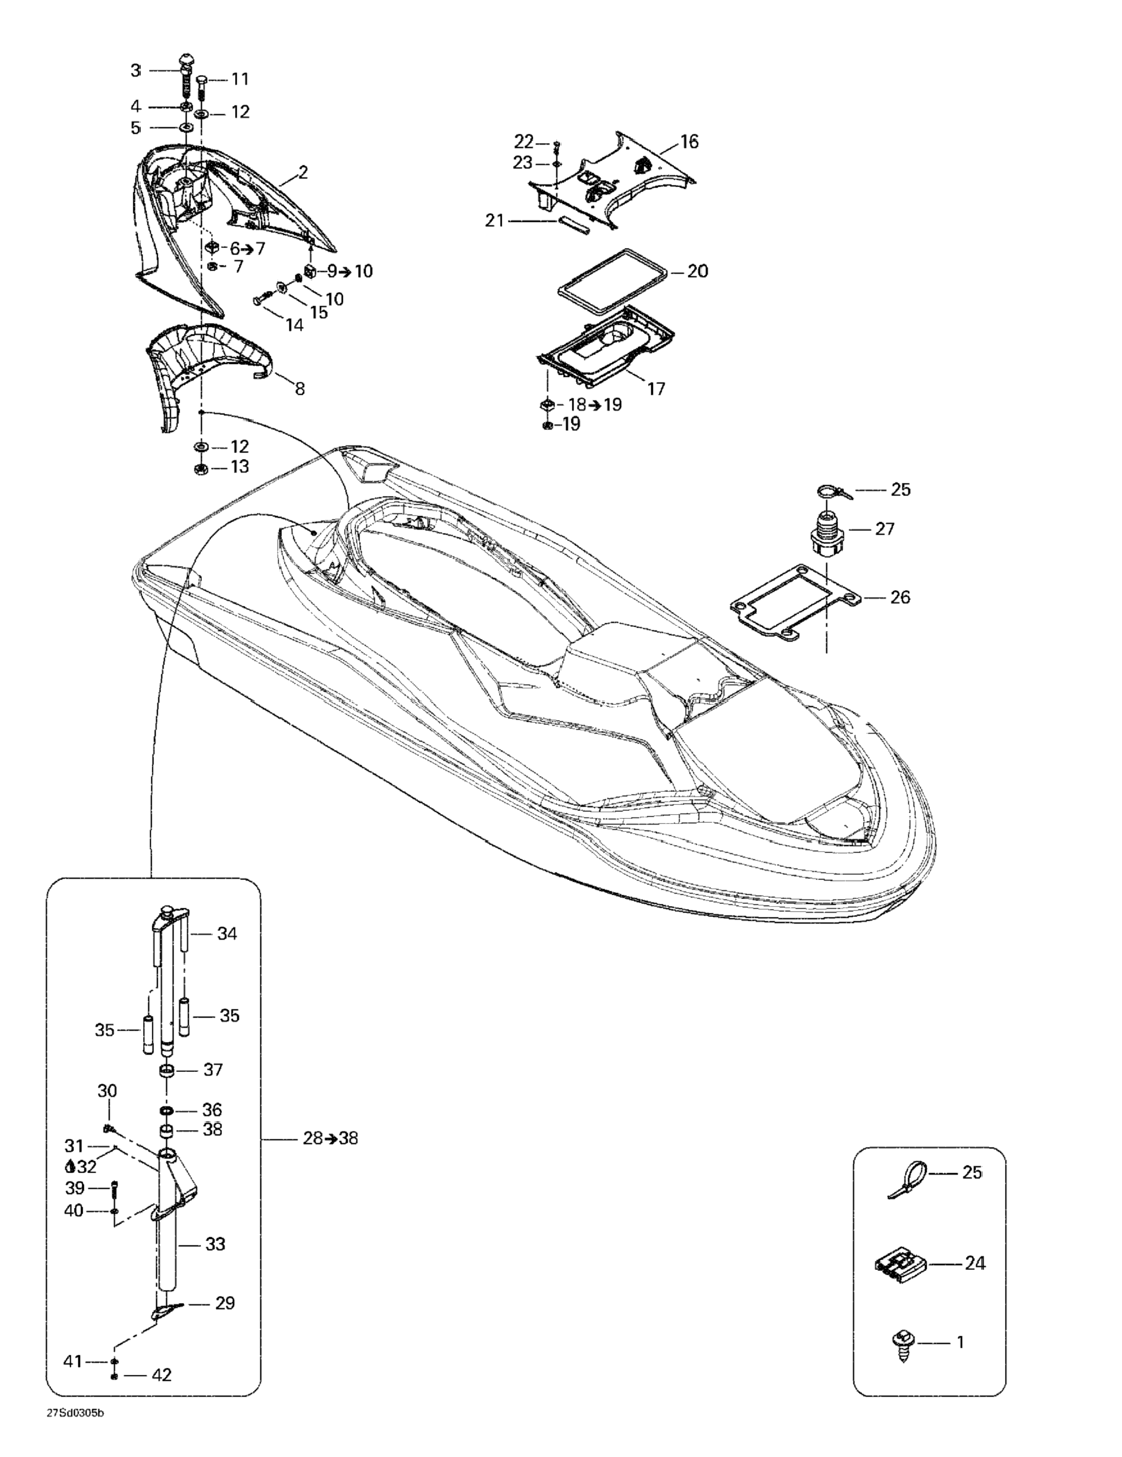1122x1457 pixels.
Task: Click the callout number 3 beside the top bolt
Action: [x=136, y=70]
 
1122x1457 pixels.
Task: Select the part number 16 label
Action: [x=689, y=141]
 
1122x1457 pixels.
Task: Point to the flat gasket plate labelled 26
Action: [x=794, y=601]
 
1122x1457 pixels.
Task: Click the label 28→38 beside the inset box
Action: [x=330, y=1138]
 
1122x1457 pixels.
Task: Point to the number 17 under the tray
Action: [x=657, y=388]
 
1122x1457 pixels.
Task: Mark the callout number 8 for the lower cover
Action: [x=300, y=388]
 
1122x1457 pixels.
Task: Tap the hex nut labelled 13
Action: [x=200, y=469]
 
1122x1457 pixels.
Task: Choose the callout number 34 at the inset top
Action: [x=227, y=934]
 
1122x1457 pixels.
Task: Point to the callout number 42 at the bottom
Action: [x=162, y=1374]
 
